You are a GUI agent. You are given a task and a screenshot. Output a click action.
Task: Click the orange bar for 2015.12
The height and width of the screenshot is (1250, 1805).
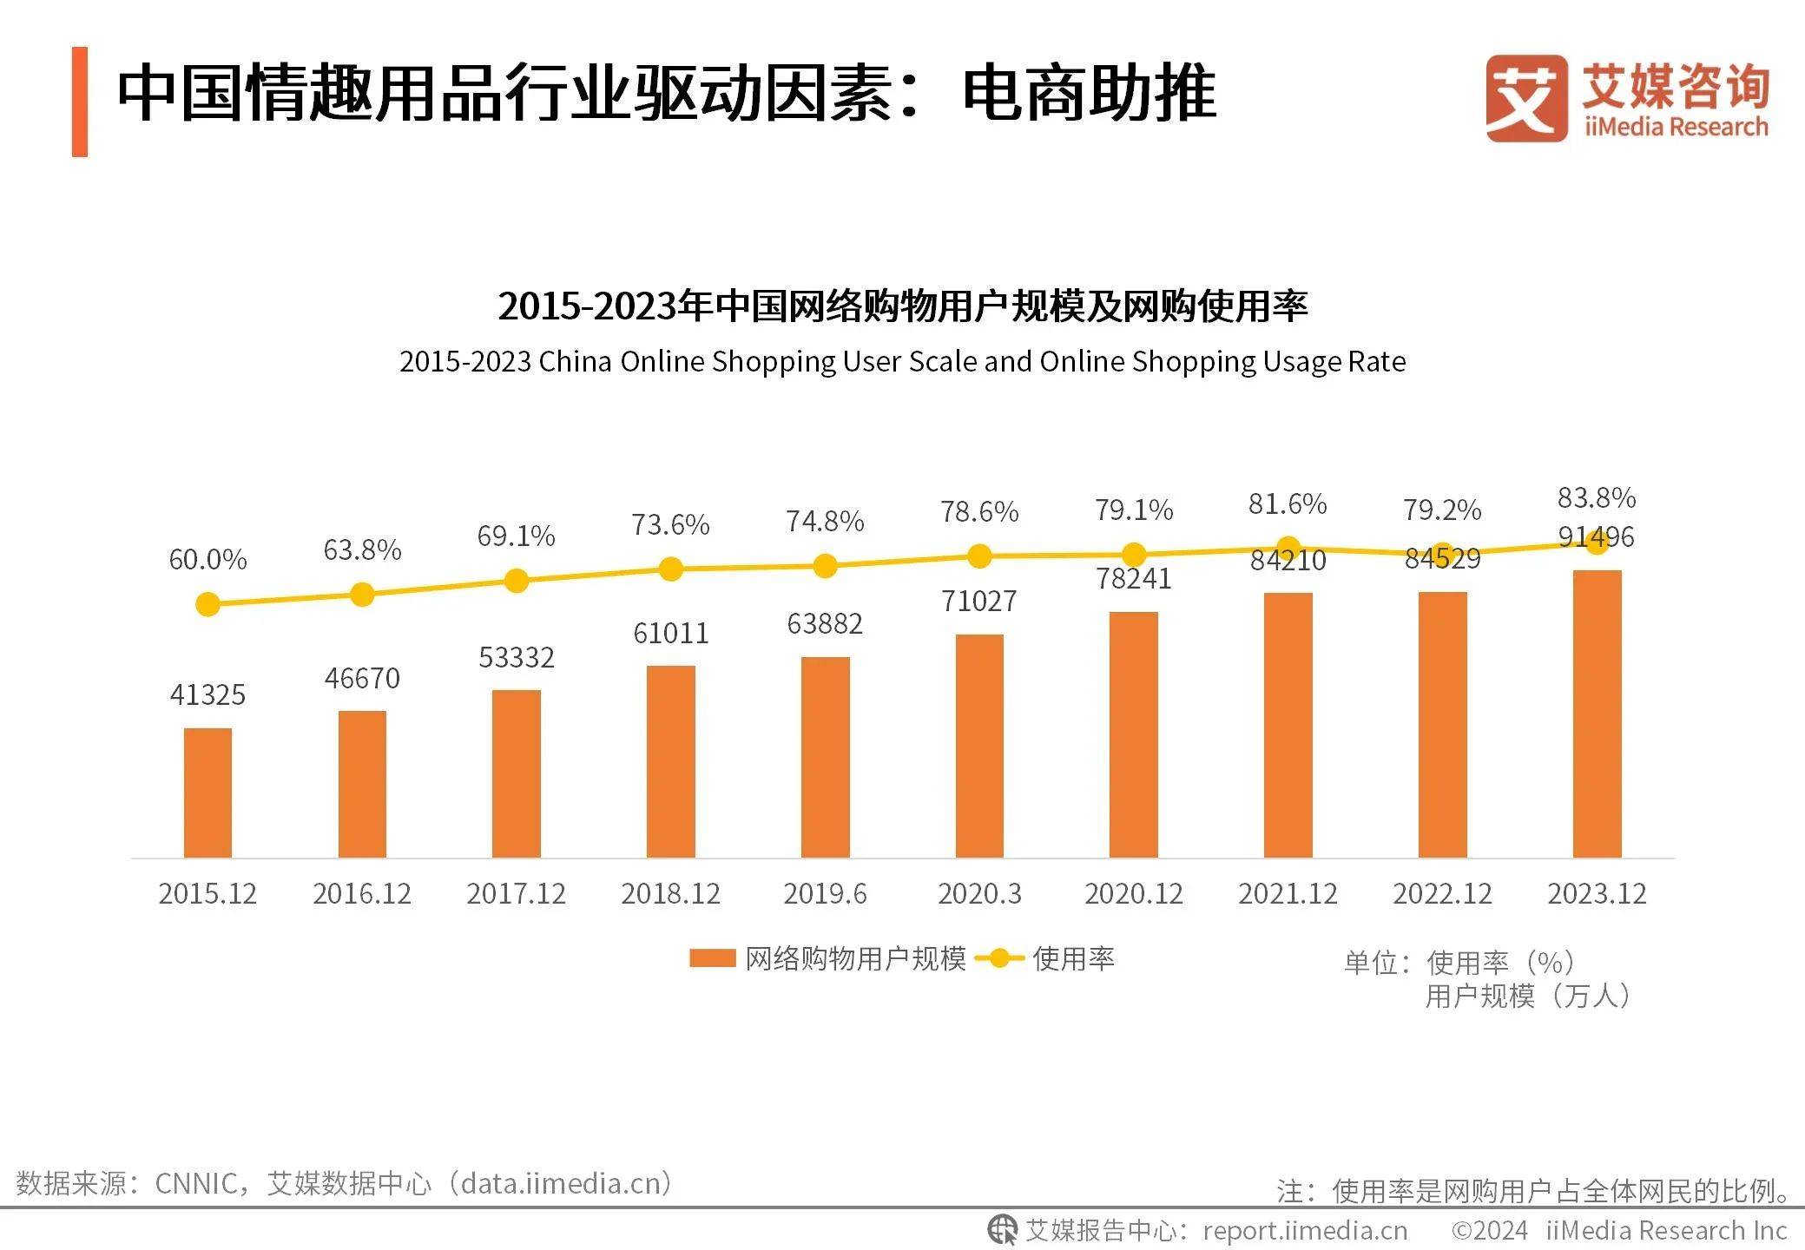coord(208,793)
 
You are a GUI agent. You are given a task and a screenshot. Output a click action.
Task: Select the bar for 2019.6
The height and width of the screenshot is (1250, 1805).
coord(825,757)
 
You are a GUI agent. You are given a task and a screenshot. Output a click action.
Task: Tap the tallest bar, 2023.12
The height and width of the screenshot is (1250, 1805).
coord(1597,714)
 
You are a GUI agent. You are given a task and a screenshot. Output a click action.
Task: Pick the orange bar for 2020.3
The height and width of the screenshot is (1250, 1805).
coord(979,746)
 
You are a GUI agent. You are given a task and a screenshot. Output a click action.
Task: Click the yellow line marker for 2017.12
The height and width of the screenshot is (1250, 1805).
coord(516,581)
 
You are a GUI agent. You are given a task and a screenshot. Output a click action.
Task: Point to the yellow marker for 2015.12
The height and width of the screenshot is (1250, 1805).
coord(208,604)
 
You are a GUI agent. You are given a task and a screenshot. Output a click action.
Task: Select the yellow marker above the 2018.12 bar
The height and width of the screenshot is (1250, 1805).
coord(670,569)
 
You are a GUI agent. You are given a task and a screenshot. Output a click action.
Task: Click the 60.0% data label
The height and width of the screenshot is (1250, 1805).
coord(208,560)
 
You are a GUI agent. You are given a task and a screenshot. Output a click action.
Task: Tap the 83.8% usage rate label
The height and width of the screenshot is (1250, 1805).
coord(1596,498)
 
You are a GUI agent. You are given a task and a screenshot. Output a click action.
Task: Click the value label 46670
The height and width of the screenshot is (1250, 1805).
coord(362,678)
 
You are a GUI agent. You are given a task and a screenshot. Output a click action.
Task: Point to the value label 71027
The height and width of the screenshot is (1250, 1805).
coord(978,601)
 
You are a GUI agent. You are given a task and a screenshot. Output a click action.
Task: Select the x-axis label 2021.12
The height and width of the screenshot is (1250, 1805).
coord(1288,893)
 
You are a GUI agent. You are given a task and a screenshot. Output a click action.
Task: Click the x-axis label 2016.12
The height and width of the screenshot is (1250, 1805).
coord(362,893)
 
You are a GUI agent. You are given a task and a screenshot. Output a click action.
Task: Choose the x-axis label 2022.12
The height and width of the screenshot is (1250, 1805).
coord(1442,893)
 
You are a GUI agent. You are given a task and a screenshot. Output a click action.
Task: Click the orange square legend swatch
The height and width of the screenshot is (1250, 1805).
coord(712,957)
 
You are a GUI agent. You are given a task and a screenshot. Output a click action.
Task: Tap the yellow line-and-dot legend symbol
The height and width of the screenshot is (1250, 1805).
coord(998,958)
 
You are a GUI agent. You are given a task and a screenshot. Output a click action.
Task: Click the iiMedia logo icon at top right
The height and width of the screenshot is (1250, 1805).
coord(1525,98)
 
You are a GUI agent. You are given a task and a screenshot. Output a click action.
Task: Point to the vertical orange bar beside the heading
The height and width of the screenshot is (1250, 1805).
coord(80,102)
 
